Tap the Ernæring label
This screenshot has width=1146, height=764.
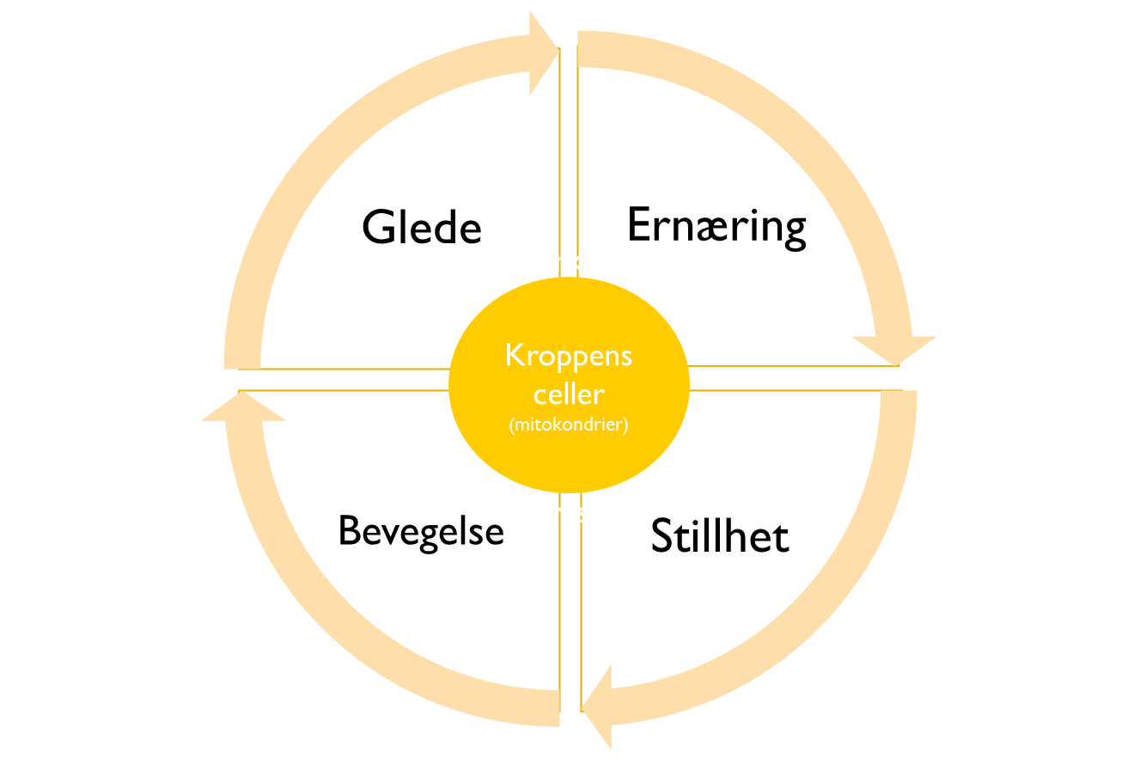(716, 227)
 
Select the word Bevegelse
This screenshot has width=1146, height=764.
(420, 530)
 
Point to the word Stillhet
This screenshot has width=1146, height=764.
(719, 536)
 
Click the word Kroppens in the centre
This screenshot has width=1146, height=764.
(569, 355)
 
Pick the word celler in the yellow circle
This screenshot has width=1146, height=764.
(569, 394)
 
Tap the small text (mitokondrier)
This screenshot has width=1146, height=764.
(569, 425)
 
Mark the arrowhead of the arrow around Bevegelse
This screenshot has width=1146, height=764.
(239, 407)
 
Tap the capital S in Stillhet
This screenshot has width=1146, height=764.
(662, 537)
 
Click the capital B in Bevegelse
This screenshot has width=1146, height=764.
(347, 530)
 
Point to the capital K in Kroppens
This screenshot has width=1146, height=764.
(514, 355)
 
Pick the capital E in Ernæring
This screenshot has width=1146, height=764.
(638, 225)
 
